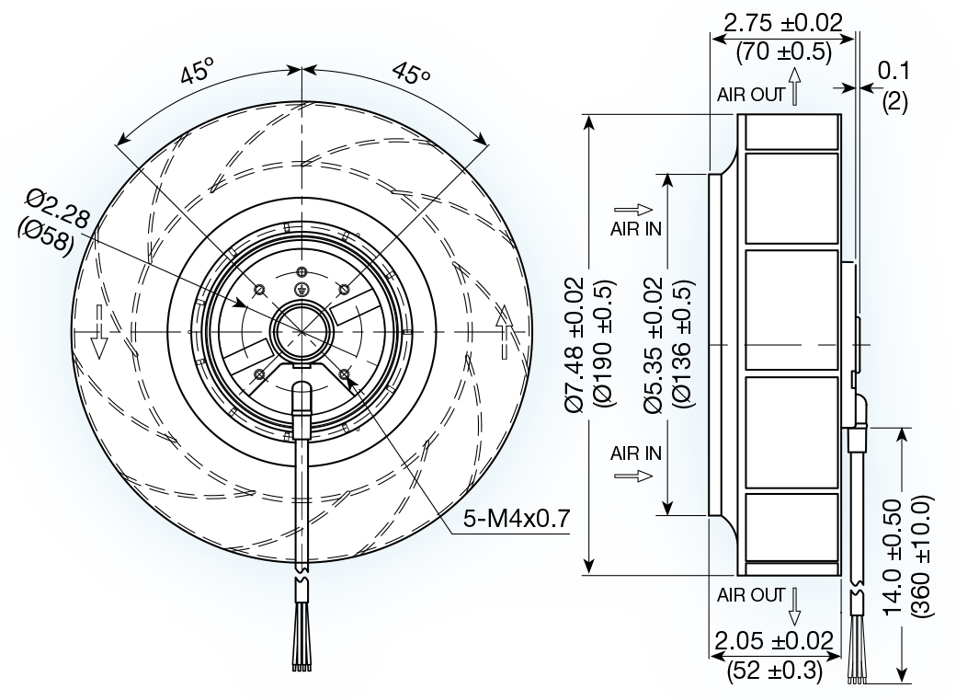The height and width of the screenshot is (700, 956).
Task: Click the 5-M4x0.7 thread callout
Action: coord(517,520)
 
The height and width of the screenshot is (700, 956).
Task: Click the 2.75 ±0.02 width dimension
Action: coord(783,22)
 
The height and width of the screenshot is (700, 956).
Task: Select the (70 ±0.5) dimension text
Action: coord(783,52)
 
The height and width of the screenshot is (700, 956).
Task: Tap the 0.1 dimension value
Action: coord(893,71)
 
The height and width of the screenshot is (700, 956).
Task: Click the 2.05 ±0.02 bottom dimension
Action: coord(775,641)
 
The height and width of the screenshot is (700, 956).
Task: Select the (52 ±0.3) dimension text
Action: coord(775,671)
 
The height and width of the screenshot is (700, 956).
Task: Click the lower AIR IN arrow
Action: coord(633,476)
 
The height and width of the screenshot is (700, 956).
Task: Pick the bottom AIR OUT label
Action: coord(751,595)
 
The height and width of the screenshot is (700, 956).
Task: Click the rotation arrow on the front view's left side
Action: coord(100,343)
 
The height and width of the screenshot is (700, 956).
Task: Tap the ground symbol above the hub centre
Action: coord(302,289)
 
